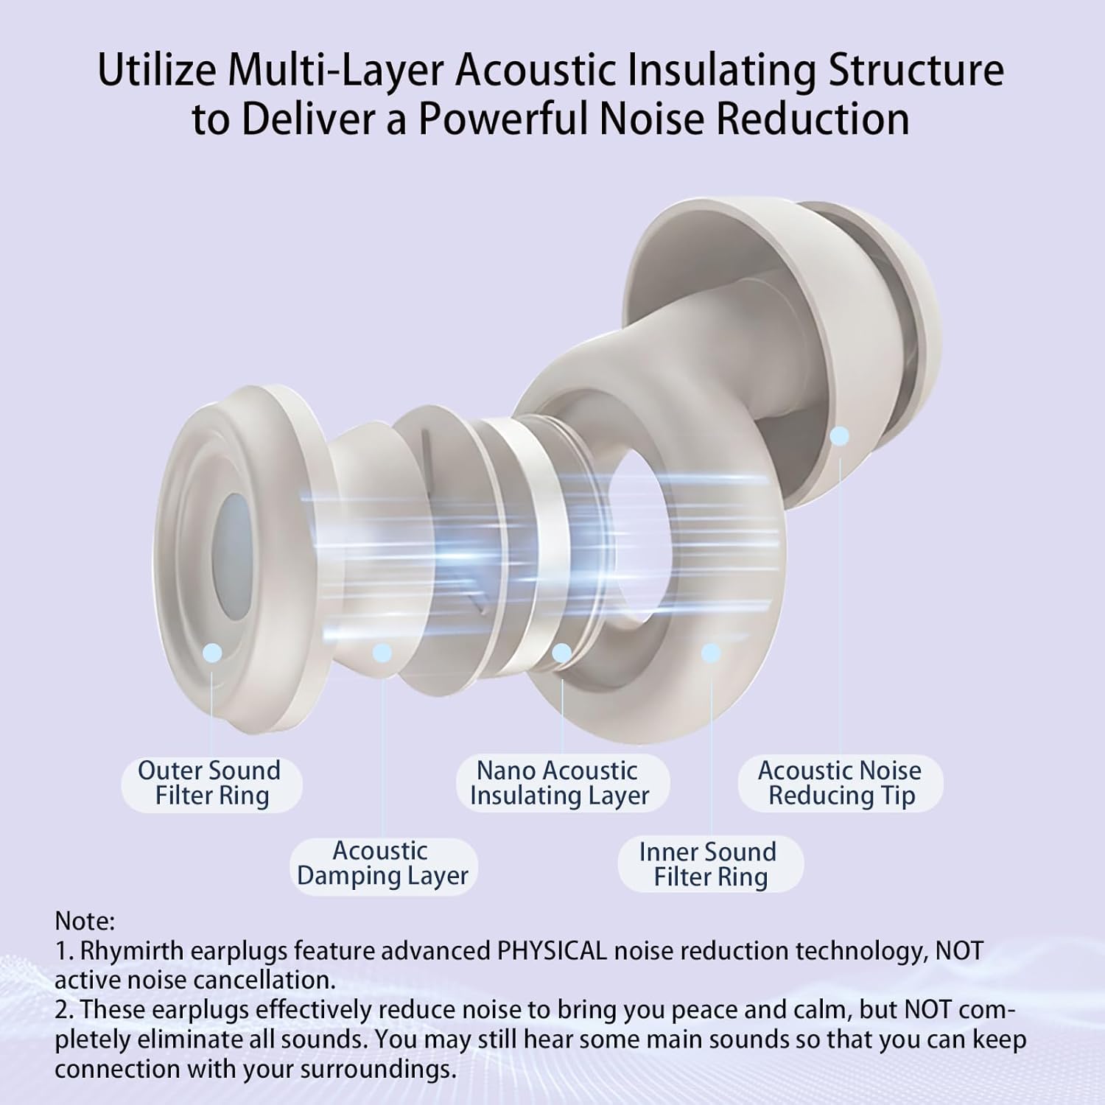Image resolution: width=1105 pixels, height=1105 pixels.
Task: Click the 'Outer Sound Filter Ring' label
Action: coord(211,783)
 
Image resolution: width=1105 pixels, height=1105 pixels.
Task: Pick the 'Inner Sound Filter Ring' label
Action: coord(709,864)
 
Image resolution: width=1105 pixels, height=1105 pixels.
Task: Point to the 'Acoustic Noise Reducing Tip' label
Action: coord(840,783)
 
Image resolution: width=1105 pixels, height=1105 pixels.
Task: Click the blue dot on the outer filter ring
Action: coord(212,651)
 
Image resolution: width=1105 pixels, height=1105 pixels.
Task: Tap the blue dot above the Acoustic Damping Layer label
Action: coord(382,652)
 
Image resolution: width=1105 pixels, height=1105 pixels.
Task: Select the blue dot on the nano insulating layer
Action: coord(562,652)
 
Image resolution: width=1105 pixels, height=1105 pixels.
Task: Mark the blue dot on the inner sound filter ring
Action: coord(711,652)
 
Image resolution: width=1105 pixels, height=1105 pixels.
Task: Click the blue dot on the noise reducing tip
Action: coord(840,436)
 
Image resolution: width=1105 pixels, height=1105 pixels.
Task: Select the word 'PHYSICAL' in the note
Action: coord(552,951)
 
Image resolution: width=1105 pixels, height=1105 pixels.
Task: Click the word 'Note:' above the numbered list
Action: coord(85,921)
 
